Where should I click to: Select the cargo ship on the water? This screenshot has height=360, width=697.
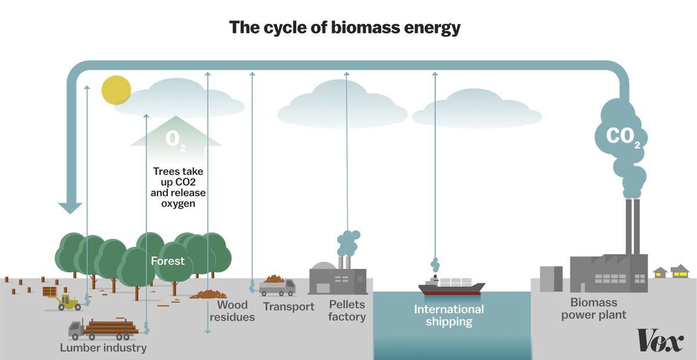pos(452,285)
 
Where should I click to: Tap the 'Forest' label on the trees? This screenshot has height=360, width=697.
pos(167,261)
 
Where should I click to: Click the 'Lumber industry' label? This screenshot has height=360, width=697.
pos(103,348)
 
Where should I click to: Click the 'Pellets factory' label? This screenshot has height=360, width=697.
pos(347,311)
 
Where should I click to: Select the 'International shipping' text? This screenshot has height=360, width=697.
pos(448,315)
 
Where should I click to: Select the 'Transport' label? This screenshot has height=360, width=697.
pos(289,306)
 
